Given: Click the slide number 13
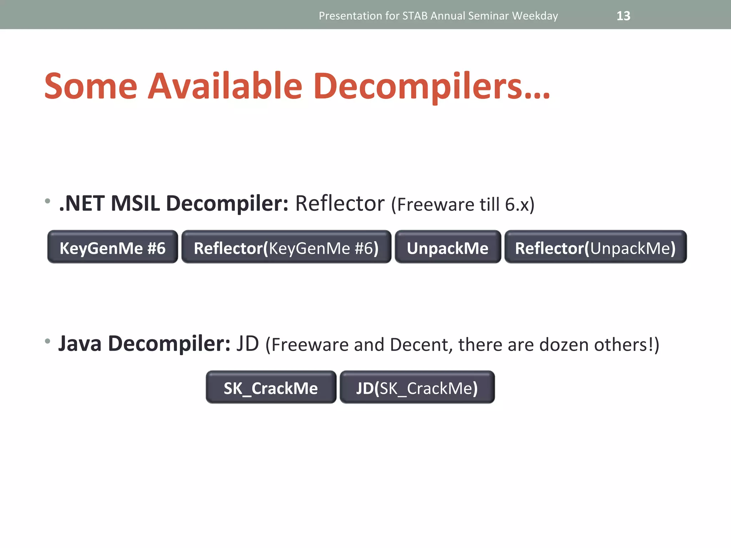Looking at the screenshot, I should coord(623,16).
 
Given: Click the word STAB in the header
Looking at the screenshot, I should coord(415,16).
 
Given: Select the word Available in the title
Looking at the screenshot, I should coord(225,86).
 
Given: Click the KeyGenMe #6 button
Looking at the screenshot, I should coord(112,247).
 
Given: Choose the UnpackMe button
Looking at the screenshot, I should coord(448,247).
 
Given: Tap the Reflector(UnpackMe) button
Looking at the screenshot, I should coord(595,247).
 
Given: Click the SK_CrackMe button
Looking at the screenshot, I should coord(271,387).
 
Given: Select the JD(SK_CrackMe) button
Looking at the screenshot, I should coord(417,387).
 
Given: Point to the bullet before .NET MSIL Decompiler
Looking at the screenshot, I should coord(47,201).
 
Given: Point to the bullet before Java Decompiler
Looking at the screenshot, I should coord(47,341).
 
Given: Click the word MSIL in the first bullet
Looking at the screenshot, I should coord(135,203).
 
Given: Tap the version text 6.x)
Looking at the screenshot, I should coord(520,205).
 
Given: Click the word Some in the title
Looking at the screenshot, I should coord(91,86).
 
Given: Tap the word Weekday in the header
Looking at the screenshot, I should coord(535,16).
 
